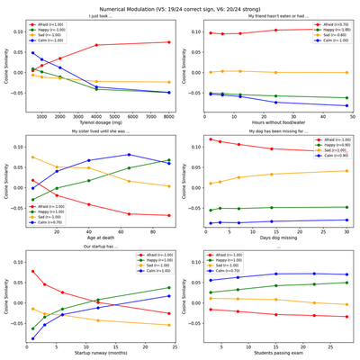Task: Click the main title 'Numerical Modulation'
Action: tap(180, 5)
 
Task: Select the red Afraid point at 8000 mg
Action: tap(167, 41)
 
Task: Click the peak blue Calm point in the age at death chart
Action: tap(129, 155)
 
